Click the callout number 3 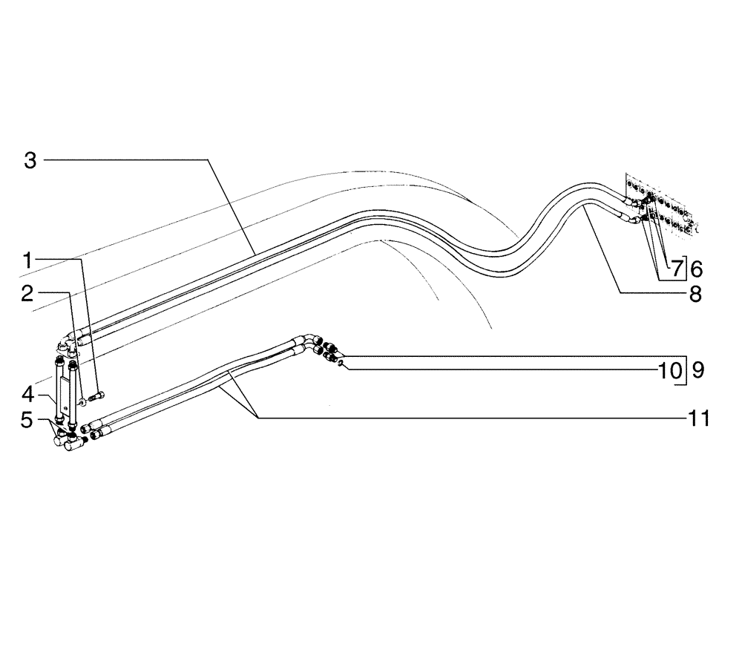(30, 160)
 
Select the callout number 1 (27, 260)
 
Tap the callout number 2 (27, 294)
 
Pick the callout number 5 (27, 420)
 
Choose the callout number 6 (696, 268)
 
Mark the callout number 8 (695, 295)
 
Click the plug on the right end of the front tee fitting (85, 440)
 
